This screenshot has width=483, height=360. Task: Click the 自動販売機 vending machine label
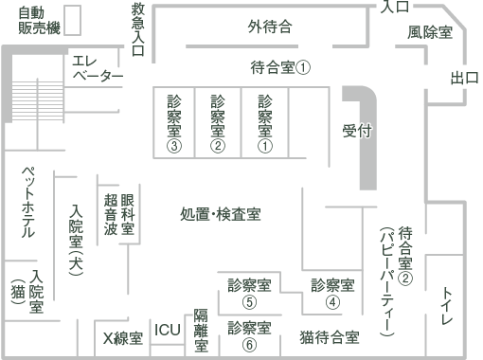coord(38,22)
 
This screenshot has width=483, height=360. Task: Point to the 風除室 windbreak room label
coord(430,32)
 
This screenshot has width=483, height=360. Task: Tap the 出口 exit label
coord(464,78)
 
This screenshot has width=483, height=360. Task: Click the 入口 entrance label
coord(396,8)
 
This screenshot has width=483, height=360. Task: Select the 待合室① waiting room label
coord(280,67)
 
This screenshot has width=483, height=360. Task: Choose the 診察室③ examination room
coord(173,123)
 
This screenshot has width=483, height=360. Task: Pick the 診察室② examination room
coord(218,123)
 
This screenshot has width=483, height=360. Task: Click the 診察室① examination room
coord(264,123)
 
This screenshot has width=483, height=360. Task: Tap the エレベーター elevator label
coord(98,68)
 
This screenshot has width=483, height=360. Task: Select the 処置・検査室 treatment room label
coord(221,214)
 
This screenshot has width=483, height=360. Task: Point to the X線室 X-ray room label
coord(123,337)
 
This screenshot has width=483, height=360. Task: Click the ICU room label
coord(168,330)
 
